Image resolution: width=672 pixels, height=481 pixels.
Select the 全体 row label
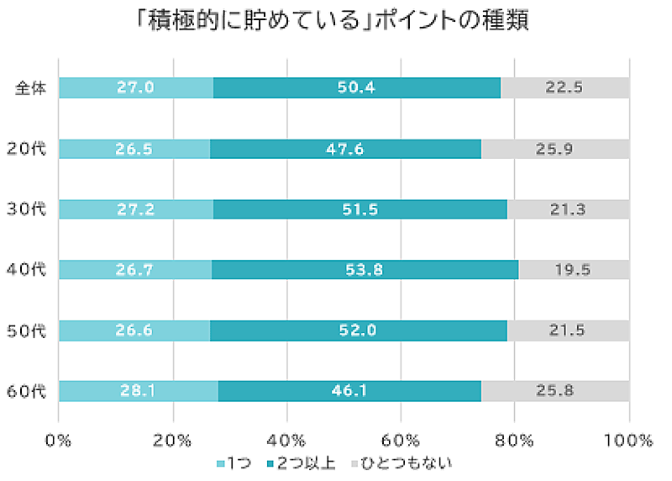tap(31, 87)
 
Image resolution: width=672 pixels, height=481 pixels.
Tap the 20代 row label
tap(31, 149)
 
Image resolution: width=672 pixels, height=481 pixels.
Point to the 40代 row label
tap(31, 270)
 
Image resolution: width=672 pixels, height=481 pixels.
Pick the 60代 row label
tap(31, 391)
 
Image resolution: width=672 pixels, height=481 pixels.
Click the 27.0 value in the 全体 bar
tap(135, 87)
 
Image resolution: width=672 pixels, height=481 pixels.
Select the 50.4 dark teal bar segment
tap(356, 87)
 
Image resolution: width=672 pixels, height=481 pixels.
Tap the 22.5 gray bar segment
tap(564, 87)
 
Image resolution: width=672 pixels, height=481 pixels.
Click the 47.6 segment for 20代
tap(345, 149)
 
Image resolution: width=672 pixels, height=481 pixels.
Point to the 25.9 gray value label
tap(555, 149)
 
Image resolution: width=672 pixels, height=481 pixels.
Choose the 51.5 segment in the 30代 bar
tap(360, 209)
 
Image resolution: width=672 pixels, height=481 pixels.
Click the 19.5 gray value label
tap(574, 270)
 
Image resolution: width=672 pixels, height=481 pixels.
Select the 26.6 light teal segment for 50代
tap(134, 330)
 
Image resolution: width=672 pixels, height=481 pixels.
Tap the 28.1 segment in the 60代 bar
tap(138, 391)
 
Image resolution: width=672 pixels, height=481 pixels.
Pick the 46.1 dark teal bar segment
tap(349, 391)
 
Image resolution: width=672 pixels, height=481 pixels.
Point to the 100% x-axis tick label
tap(628, 440)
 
